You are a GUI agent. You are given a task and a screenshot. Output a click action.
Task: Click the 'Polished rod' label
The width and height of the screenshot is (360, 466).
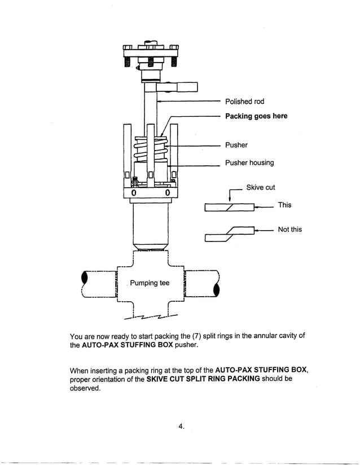(244, 102)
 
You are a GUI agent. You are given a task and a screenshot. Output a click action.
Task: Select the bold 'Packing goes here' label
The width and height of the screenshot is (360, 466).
(256, 116)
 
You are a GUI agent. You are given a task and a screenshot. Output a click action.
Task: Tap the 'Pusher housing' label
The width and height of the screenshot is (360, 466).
(249, 163)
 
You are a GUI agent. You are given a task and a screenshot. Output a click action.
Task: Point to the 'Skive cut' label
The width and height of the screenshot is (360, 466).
(260, 187)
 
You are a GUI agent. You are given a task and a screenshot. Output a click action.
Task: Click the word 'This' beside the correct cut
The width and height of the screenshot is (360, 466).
(284, 205)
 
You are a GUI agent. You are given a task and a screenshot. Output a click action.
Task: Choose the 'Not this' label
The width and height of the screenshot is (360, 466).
(289, 230)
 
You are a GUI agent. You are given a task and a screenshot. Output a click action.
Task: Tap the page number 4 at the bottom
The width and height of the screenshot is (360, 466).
(181, 427)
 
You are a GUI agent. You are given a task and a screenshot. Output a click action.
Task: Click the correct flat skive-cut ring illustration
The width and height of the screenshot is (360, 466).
(229, 208)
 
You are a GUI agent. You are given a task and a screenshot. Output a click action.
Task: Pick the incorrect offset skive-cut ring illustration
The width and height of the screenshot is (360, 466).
(229, 234)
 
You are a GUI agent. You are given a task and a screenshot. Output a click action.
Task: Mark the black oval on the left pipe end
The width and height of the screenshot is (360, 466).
(85, 279)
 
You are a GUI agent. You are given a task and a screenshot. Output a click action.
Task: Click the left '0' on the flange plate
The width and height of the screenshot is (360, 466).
(133, 194)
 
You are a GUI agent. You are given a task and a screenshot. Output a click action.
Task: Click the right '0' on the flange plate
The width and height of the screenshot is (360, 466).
(168, 194)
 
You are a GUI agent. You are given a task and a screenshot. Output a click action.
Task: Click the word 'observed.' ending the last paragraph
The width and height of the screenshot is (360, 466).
(85, 389)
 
